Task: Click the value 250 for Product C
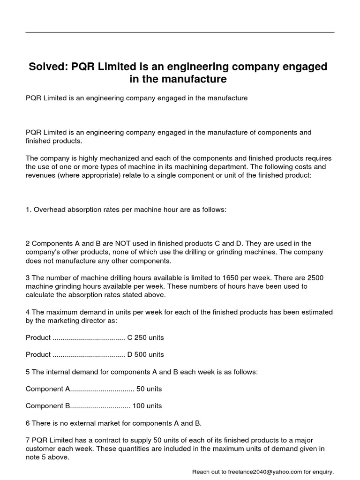click(x=141, y=337)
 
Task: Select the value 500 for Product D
click(x=141, y=354)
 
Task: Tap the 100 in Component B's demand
click(x=139, y=406)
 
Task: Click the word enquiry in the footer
click(x=322, y=472)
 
